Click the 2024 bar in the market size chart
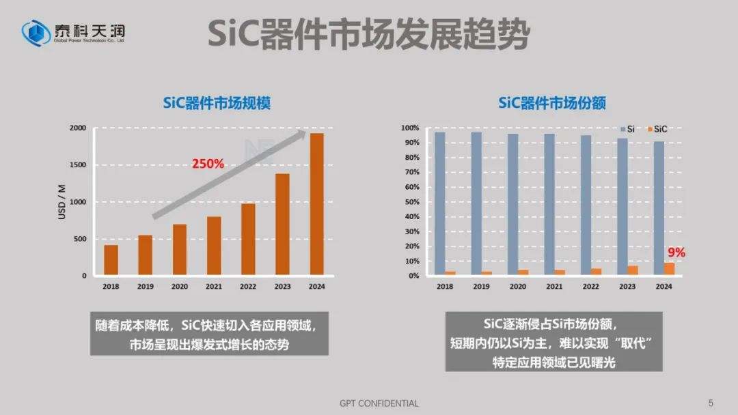point(316,205)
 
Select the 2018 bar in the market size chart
point(111,260)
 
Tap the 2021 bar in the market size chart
point(214,246)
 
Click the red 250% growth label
point(208,164)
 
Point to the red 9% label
point(676,253)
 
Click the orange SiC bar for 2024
point(669,269)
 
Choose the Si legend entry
point(627,129)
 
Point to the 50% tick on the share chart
point(410,202)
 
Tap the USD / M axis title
point(64,202)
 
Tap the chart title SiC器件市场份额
point(551,103)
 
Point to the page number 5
point(711,403)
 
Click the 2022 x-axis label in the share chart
point(591,287)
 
